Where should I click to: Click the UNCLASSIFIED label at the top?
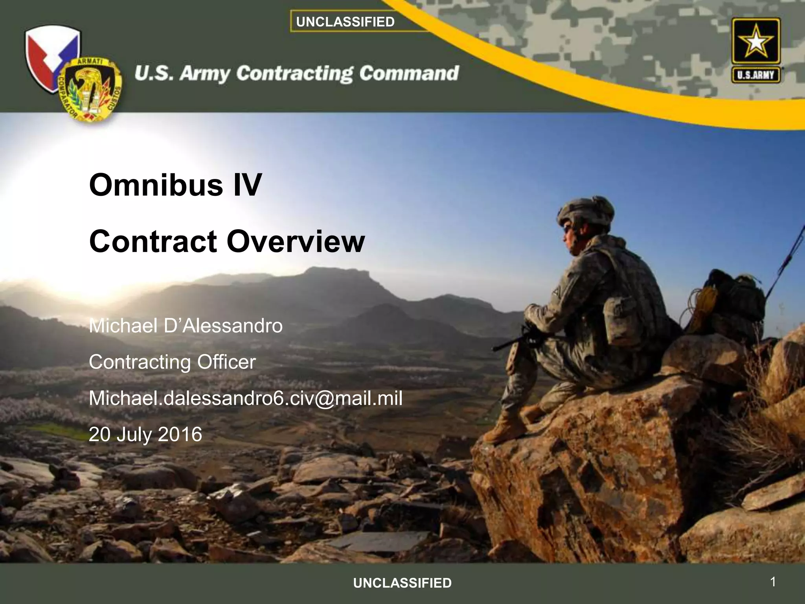[x=345, y=22]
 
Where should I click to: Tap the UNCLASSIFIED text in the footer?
[x=402, y=583]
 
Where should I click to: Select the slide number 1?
[x=773, y=582]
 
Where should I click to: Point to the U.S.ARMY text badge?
[x=755, y=75]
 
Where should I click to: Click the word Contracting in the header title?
[x=295, y=74]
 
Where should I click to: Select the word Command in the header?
[x=409, y=73]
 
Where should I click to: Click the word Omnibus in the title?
[x=156, y=185]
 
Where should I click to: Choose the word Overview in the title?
[x=296, y=241]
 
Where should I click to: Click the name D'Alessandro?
[x=223, y=326]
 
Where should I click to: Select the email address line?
[x=245, y=398]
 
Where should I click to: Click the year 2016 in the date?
[x=180, y=435]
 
